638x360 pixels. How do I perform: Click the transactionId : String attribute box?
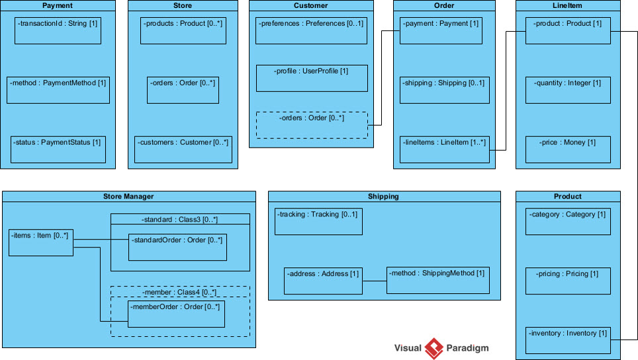(58, 30)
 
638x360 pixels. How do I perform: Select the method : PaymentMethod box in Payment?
(57, 90)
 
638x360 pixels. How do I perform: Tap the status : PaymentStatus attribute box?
(58, 150)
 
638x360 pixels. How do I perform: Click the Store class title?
(182, 6)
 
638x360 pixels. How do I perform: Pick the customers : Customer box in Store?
(183, 150)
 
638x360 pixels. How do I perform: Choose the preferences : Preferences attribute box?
(311, 30)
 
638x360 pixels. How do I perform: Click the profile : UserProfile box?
(311, 78)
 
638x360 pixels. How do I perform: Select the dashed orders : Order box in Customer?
(311, 125)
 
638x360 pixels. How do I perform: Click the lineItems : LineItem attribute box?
(444, 150)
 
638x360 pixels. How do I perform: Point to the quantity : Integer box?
(568, 90)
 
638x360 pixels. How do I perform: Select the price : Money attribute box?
(568, 150)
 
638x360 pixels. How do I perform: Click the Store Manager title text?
(128, 197)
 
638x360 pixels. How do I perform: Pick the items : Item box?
(40, 242)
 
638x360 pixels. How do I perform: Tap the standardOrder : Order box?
(176, 247)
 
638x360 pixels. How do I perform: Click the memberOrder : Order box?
(176, 314)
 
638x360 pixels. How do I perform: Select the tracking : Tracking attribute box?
(318, 221)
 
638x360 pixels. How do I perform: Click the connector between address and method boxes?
(374, 281)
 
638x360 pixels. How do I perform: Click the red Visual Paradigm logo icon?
(433, 348)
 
